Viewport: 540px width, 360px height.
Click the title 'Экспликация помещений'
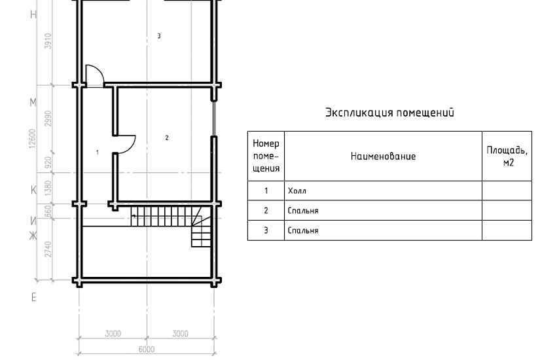point(389,113)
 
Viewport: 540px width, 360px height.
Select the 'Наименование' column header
point(383,156)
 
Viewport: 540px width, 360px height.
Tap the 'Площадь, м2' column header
point(507,156)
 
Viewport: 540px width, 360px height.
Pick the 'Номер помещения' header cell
point(266,156)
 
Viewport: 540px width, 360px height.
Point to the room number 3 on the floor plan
point(159,35)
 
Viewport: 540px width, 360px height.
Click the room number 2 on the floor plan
point(167,137)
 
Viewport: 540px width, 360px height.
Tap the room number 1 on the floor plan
point(98,153)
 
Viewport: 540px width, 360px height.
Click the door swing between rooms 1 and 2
point(126,144)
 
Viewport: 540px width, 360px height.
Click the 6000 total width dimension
point(146,350)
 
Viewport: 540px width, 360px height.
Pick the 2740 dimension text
point(47,249)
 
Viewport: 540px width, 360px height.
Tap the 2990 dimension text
point(47,118)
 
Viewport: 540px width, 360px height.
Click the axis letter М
point(33,103)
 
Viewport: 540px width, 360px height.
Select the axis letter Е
point(33,298)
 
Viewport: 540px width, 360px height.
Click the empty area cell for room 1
point(507,191)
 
